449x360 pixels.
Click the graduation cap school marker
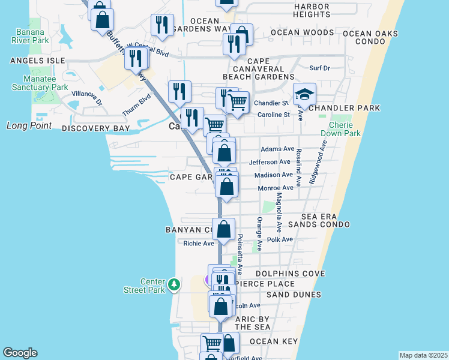(305, 94)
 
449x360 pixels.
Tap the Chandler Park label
(345, 108)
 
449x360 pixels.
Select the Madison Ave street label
(274, 175)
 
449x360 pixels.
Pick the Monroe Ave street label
(275, 188)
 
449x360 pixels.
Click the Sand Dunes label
(294, 295)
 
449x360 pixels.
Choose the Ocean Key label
(274, 341)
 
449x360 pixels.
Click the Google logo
(20, 353)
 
